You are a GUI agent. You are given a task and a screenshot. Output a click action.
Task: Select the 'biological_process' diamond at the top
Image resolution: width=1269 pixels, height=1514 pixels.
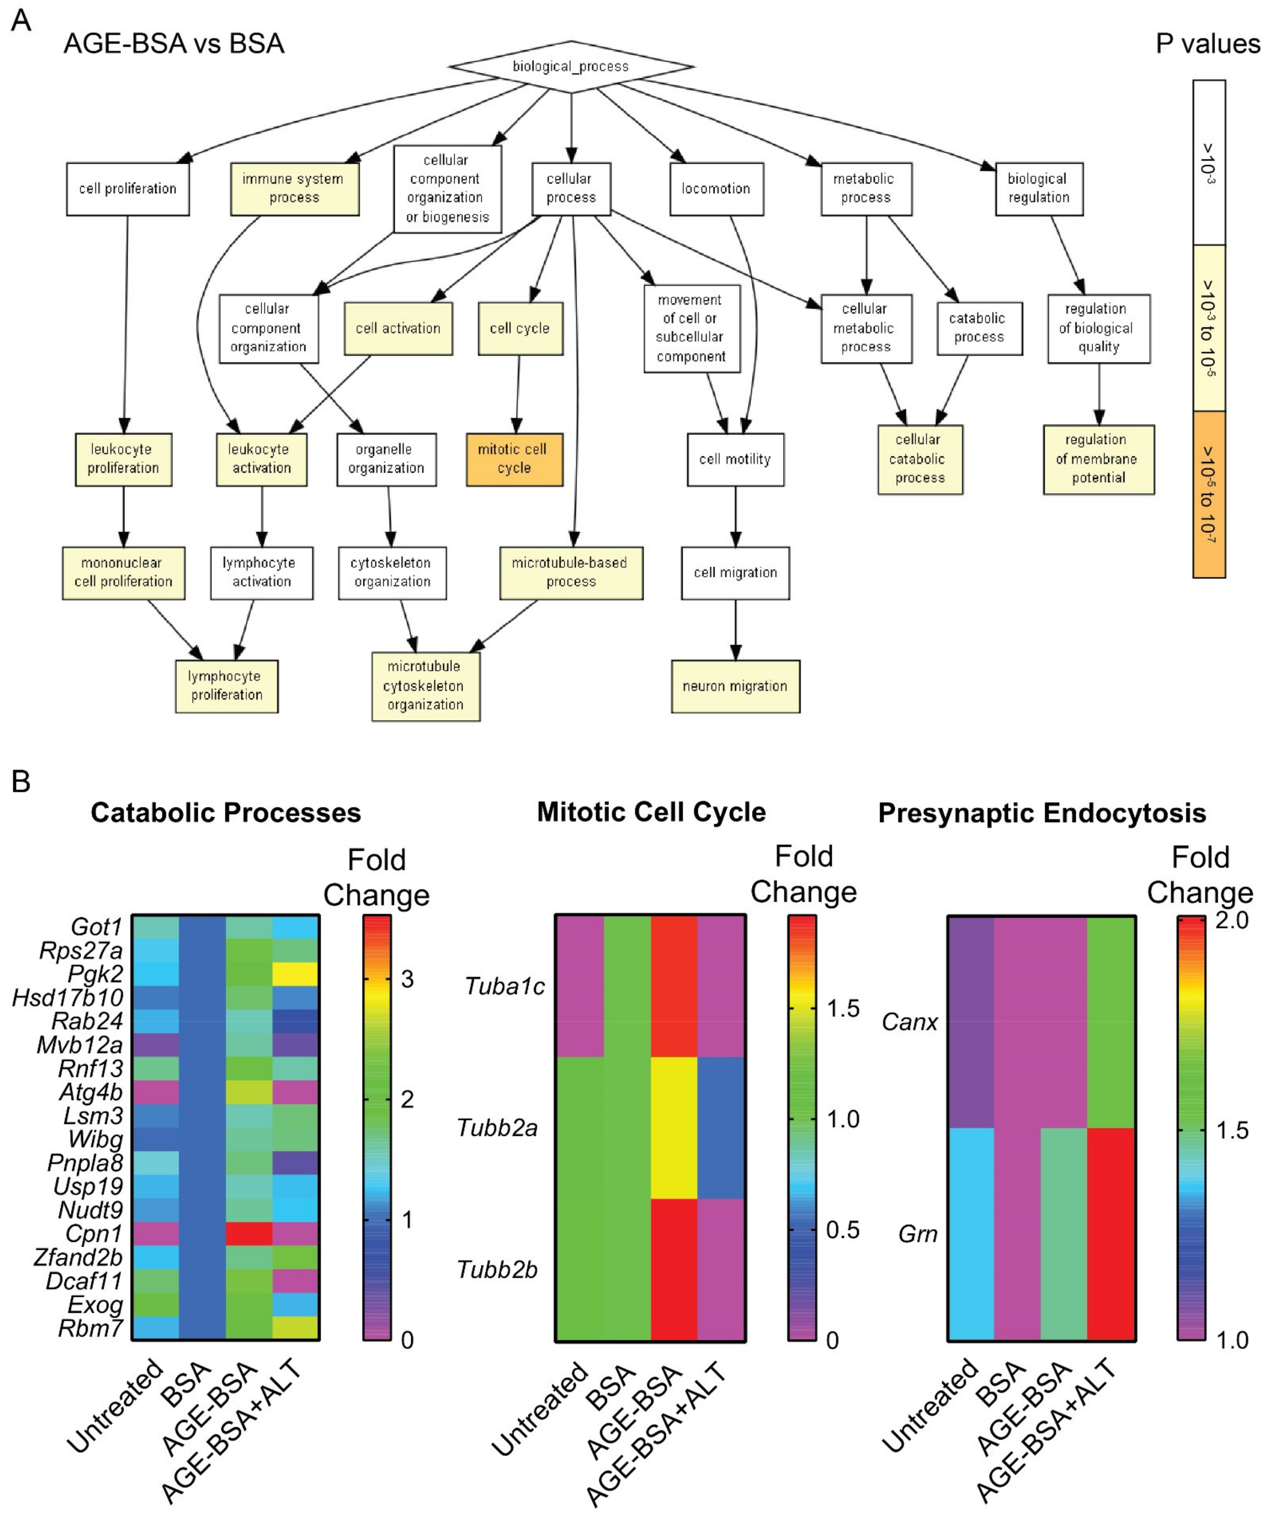pyautogui.click(x=571, y=66)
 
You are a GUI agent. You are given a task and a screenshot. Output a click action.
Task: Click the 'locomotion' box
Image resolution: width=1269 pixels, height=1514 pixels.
pyautogui.click(x=716, y=189)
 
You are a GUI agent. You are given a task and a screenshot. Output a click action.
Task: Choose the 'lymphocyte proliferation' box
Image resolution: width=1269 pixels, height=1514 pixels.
pyautogui.click(x=226, y=686)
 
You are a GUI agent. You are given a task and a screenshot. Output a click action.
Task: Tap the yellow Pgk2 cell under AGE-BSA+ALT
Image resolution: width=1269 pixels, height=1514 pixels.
pyautogui.click(x=295, y=973)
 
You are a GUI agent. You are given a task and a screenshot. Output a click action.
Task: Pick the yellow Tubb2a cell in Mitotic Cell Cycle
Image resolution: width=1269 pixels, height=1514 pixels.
pyautogui.click(x=674, y=1127)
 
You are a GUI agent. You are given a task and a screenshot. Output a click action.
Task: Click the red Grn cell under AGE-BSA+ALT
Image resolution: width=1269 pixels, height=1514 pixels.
pyautogui.click(x=1111, y=1233)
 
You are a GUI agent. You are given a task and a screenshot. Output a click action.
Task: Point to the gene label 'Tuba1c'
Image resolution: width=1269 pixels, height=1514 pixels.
pyautogui.click(x=505, y=986)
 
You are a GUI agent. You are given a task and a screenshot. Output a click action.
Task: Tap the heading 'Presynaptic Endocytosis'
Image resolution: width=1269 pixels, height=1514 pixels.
pyautogui.click(x=1041, y=813)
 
